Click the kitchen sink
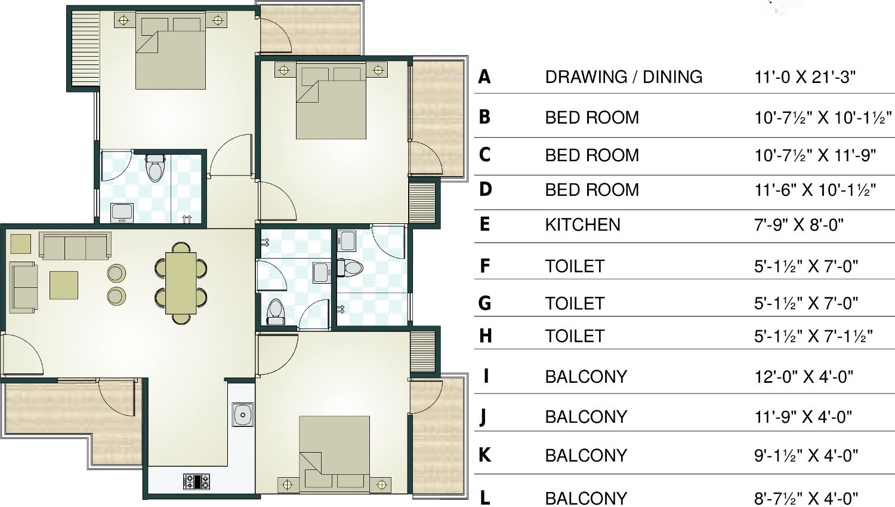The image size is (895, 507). click(x=242, y=414)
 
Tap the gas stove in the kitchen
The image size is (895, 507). click(x=196, y=482)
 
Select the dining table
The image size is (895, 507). click(x=181, y=283)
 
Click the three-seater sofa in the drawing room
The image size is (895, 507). click(x=75, y=246)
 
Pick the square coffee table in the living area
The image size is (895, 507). click(x=64, y=285)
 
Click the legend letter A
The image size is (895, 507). click(x=484, y=77)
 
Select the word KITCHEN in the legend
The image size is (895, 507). click(x=582, y=225)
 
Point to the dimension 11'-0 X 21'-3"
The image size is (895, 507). click(x=805, y=77)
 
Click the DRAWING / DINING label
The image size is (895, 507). click(x=624, y=77)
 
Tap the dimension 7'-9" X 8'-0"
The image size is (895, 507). click(x=799, y=225)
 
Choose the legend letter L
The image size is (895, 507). click(x=484, y=498)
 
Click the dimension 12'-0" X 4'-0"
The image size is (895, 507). click(x=804, y=377)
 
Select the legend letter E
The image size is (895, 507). click(x=484, y=225)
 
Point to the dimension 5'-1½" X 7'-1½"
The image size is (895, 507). click(x=813, y=336)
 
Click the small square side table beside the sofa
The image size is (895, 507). click(x=20, y=244)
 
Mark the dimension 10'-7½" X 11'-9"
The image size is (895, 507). click(x=815, y=155)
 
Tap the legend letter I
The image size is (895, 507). click(x=486, y=376)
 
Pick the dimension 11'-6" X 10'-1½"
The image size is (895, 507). click(x=815, y=190)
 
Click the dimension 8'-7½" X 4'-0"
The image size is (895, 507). click(x=806, y=498)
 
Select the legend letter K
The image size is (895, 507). click(x=484, y=455)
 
